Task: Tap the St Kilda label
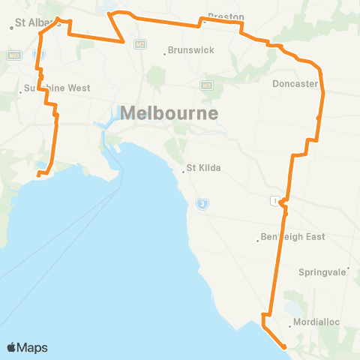203,167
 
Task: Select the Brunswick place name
191,49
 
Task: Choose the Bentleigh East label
292,237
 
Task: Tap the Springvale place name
323,271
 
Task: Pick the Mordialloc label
316,322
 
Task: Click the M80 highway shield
13,55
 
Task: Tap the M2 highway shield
139,44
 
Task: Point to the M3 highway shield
208,85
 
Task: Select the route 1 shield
276,199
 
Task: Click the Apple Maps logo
27,347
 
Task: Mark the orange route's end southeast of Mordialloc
283,346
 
